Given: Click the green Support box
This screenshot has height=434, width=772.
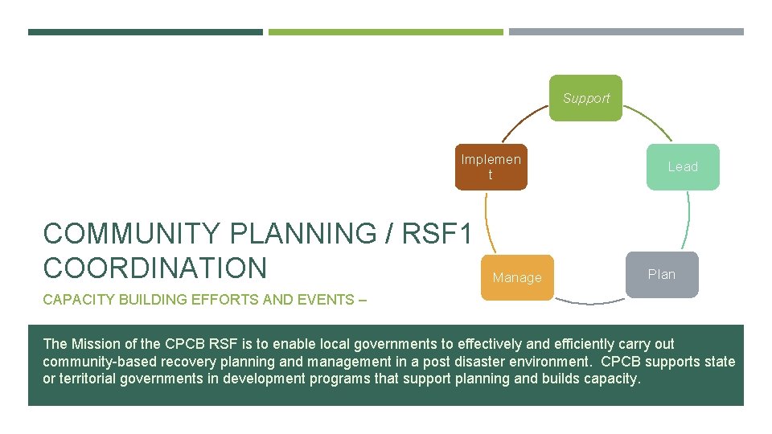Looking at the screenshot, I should pos(585,98).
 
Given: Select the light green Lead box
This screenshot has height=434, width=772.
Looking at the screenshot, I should pos(683,166).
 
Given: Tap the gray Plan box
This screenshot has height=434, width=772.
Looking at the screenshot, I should pos(662,274).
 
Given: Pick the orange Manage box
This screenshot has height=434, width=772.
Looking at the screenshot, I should pos(517,277).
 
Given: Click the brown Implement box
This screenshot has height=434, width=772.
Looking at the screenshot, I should pos(491,167).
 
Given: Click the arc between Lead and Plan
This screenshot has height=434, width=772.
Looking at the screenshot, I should pos(688,220).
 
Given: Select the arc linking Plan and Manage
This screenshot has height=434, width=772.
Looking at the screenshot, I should pos(589,302).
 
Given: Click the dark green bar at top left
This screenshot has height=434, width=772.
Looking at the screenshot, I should pos(145,32).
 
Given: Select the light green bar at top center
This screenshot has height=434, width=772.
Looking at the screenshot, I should pos(385,32).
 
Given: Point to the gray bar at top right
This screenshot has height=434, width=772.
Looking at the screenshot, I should pos(626,32).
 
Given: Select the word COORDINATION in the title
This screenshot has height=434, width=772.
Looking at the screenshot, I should pos(154,268).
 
